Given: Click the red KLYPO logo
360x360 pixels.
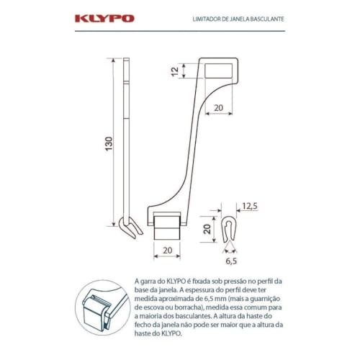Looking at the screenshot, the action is tap(104, 19).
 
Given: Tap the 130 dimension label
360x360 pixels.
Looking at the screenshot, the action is tap(109, 144).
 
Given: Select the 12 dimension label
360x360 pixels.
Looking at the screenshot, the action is tap(175, 71).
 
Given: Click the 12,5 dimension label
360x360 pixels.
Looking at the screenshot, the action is tap(250, 206).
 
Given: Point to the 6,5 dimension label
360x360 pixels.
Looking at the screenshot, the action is tap(231, 261).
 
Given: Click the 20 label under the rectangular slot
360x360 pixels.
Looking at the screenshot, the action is tap(218, 108).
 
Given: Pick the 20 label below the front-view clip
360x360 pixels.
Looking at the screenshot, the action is tap(168, 251).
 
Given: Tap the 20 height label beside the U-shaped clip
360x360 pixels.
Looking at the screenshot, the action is tap(207, 229).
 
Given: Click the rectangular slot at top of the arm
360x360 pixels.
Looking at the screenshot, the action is tap(218, 71).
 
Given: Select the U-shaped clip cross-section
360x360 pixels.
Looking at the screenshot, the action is tap(229, 230).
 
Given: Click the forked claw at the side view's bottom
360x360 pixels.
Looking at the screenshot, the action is tap(130, 227).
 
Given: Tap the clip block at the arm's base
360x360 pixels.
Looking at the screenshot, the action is tap(167, 226).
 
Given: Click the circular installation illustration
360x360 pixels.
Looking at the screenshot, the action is tap(103, 307).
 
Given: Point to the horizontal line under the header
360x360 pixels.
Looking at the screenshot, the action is tap(180, 31).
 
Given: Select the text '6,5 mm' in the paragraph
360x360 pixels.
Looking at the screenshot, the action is tap(214, 299).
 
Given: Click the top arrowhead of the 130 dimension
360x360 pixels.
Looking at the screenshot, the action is tap(114, 60).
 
